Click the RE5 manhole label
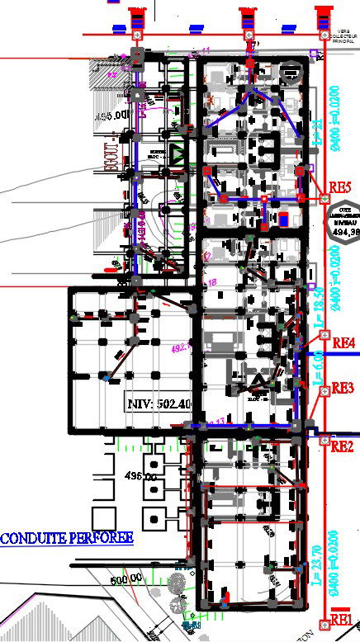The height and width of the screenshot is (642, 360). [x=340, y=186]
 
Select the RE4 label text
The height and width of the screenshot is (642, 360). [x=343, y=342]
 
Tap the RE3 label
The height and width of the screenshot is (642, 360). [x=343, y=388]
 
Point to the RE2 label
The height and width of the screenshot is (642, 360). [x=342, y=447]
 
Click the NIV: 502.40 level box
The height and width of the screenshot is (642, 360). [x=159, y=404]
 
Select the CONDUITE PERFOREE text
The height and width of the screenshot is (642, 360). [x=67, y=539]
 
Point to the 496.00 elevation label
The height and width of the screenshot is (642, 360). [x=140, y=476]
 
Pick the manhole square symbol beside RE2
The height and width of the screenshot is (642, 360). [x=324, y=440]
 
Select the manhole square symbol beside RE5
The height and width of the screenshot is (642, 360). [x=324, y=198]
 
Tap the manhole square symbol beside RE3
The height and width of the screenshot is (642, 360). [x=324, y=394]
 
